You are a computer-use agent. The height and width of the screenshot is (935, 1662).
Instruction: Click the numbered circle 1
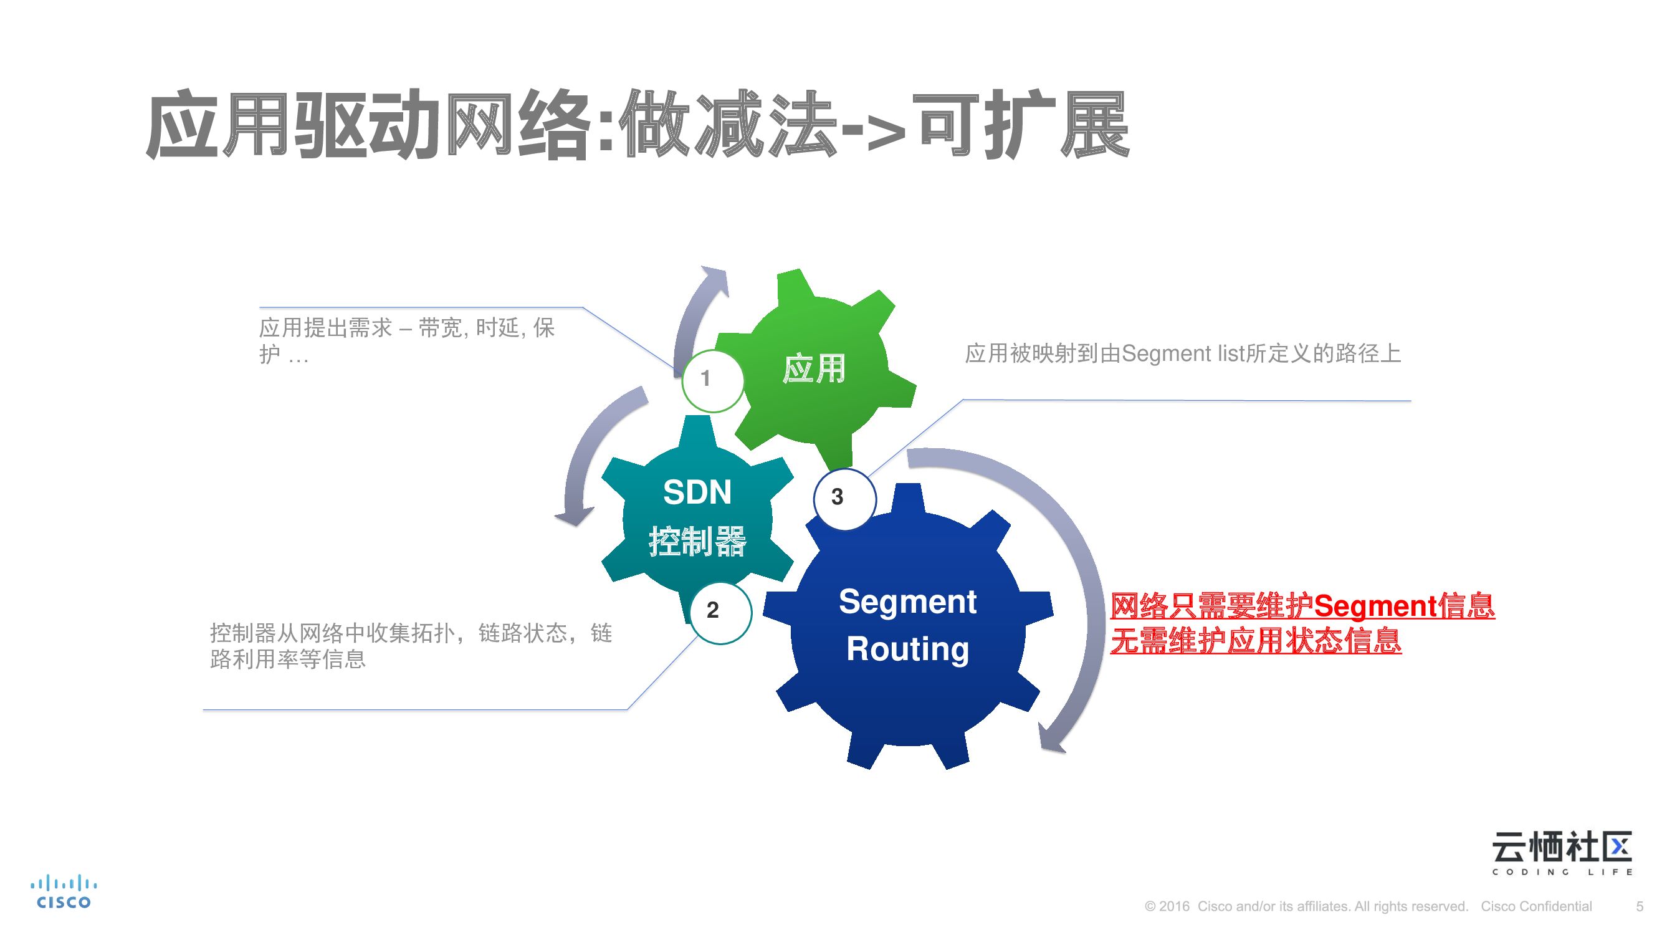[x=712, y=380]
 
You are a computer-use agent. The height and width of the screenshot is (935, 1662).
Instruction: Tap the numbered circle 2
[x=720, y=611]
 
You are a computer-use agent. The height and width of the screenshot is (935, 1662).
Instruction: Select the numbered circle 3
[x=844, y=498]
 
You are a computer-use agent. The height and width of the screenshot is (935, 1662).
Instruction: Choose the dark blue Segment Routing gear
[x=909, y=626]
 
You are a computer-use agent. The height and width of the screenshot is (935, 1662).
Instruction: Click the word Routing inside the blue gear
[x=908, y=649]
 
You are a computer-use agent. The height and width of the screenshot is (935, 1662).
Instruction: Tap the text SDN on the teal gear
[x=697, y=492]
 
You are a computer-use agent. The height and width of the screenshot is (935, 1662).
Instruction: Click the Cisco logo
[x=63, y=893]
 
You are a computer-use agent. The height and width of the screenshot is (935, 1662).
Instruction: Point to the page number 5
[x=1640, y=906]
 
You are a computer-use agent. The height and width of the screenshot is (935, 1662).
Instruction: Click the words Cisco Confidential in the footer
[x=1536, y=906]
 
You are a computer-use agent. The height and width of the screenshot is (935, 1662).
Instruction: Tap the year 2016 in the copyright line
[x=1173, y=906]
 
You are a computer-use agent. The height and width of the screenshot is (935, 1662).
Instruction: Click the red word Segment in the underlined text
[x=1376, y=607]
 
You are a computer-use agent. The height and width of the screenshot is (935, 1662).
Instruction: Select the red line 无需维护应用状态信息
[x=1256, y=641]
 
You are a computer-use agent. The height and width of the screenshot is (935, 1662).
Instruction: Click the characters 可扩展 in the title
[x=1023, y=126]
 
